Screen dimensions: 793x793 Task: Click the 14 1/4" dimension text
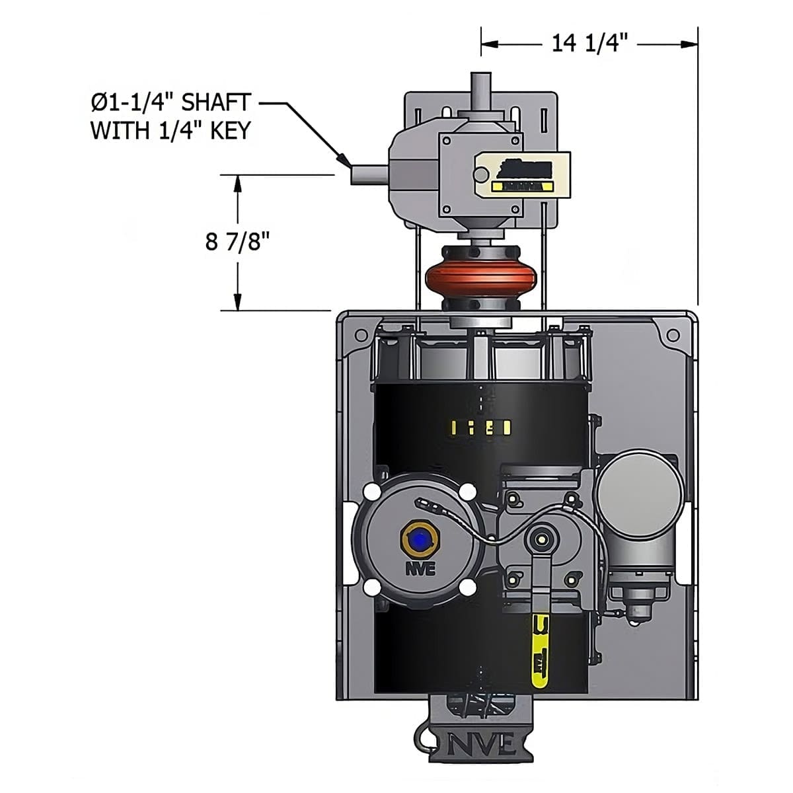coord(589,44)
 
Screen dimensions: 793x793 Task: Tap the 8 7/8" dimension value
coord(238,242)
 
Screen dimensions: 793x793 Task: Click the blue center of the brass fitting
coord(418,542)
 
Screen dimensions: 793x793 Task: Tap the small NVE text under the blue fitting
coord(420,568)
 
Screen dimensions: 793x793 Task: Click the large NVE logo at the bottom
coord(481,745)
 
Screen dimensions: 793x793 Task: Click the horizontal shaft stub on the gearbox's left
coord(365,175)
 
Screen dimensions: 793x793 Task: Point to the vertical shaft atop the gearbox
coord(480,89)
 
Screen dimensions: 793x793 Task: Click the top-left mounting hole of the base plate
coord(361,335)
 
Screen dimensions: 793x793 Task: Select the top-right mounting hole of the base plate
coord(673,335)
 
